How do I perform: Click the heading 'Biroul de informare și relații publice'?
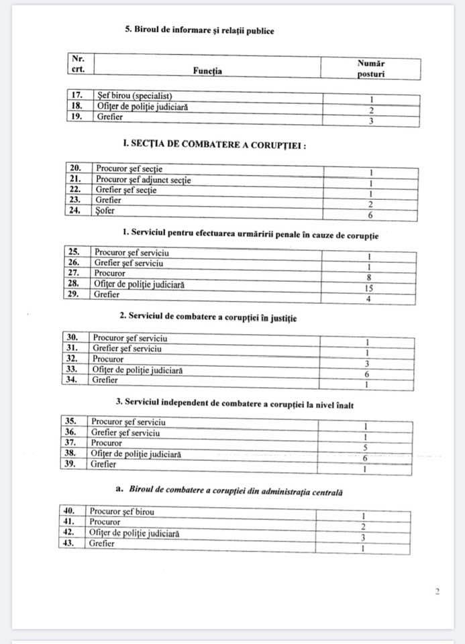[x=199, y=31]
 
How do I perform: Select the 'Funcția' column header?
[x=208, y=70]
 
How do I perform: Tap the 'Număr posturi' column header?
[x=371, y=68]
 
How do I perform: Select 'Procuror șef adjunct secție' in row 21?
[x=144, y=180]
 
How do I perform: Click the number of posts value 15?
[x=369, y=288]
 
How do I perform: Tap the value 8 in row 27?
[x=369, y=278]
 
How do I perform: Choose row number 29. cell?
[x=76, y=294]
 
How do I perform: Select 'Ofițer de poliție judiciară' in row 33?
[x=138, y=370]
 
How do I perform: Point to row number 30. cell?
[x=74, y=338]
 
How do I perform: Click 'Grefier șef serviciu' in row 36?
[x=125, y=433]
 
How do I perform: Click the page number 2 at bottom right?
[x=437, y=592]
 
